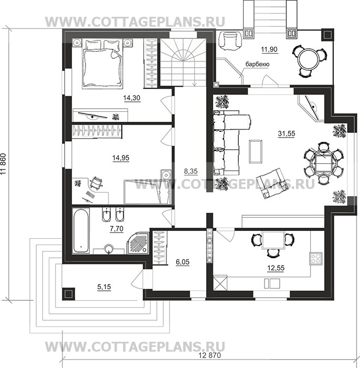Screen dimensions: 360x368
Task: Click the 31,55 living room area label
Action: point(287,133)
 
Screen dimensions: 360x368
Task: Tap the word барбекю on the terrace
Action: point(257,64)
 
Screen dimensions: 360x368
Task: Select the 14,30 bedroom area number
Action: point(132,98)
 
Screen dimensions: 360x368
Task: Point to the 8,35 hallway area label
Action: point(191,171)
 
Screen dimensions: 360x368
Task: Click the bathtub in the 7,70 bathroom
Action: point(81,230)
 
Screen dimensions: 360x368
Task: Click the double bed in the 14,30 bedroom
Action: point(102,64)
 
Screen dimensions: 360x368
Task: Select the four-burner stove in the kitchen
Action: point(316,258)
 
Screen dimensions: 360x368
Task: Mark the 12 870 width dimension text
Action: point(209,355)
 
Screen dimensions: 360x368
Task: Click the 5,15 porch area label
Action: point(104,287)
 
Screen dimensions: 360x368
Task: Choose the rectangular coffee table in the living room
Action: point(256,151)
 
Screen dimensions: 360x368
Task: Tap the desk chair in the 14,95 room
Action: point(96,182)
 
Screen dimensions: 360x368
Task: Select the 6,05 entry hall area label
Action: point(183,261)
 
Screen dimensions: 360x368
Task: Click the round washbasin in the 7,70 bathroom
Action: point(109,249)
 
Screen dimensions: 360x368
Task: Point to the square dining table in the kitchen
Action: point(273,240)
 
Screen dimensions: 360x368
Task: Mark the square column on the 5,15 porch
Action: point(69,294)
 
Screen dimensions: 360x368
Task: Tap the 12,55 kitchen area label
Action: point(276,268)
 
